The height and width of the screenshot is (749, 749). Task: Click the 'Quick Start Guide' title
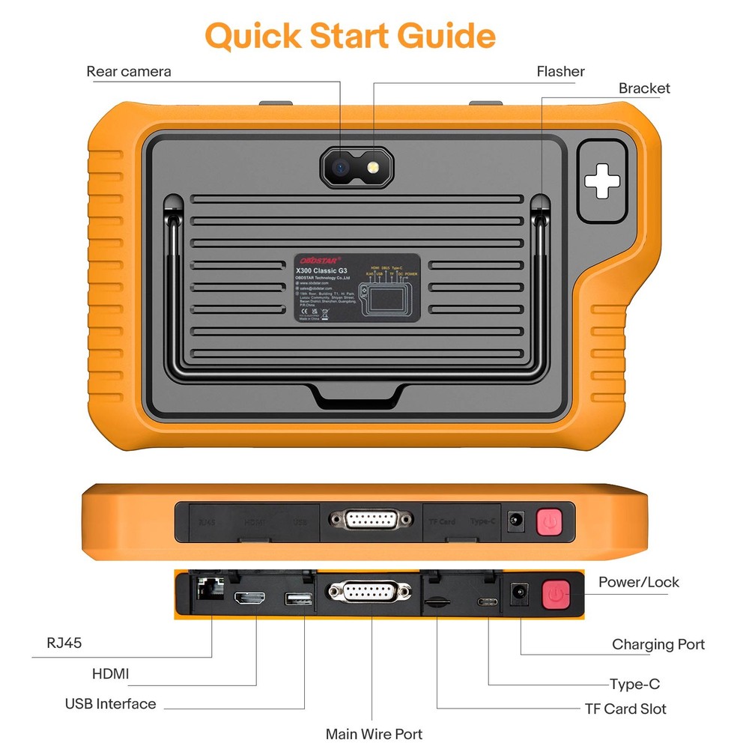click(x=350, y=35)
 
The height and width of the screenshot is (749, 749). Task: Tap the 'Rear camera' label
click(x=129, y=72)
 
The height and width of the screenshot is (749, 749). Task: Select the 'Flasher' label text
click(x=560, y=72)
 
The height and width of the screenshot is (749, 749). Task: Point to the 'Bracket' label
click(x=644, y=88)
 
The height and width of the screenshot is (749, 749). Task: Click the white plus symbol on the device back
click(x=601, y=182)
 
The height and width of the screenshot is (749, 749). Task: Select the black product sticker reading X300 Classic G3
click(x=357, y=288)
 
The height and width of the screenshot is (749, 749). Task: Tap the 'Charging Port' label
click(x=658, y=644)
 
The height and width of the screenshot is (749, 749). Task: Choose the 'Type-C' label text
click(x=634, y=684)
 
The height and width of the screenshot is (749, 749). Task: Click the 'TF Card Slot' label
click(x=625, y=709)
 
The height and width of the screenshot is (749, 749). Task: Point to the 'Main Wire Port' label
click(x=374, y=734)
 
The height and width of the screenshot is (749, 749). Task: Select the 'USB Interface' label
click(x=111, y=704)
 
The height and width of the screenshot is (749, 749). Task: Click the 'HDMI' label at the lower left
click(x=111, y=674)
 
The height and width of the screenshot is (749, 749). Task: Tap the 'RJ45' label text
click(x=63, y=643)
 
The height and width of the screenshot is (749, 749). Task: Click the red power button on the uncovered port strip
click(x=556, y=595)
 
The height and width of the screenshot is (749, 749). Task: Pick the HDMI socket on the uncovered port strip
click(x=250, y=599)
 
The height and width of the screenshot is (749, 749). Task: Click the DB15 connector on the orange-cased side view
click(x=370, y=519)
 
